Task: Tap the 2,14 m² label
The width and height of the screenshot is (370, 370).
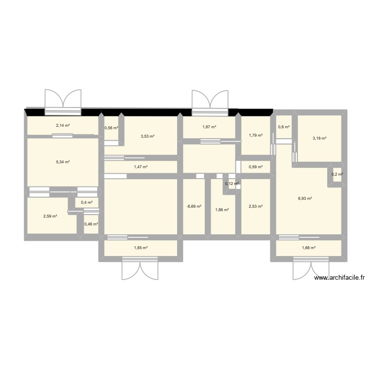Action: pyautogui.click(x=63, y=125)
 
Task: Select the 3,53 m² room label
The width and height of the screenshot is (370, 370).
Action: pyautogui.click(x=148, y=136)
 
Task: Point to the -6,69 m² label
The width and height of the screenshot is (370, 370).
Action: pyautogui.click(x=194, y=207)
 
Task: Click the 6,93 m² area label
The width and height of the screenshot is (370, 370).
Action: pyautogui.click(x=305, y=198)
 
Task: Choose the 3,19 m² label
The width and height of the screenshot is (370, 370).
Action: pyautogui.click(x=319, y=138)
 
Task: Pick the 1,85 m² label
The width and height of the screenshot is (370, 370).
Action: pyautogui.click(x=141, y=248)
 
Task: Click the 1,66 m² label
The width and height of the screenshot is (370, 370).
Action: pyautogui.click(x=308, y=248)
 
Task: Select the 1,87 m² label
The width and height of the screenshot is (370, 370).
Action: pyautogui.click(x=209, y=127)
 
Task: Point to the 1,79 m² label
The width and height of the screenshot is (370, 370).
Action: pyautogui.click(x=256, y=135)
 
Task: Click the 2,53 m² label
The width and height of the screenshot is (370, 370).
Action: pyautogui.click(x=256, y=207)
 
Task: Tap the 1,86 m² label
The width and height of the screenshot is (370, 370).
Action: pyautogui.click(x=222, y=210)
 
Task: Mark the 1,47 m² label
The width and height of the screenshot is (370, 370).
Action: pyautogui.click(x=141, y=167)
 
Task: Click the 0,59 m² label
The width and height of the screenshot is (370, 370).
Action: pyautogui.click(x=256, y=167)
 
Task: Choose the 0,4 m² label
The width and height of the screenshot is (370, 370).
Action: pyautogui.click(x=86, y=202)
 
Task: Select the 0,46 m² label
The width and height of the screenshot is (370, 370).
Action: pyautogui.click(x=91, y=224)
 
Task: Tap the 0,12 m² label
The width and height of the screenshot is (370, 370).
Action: pyautogui.click(x=232, y=184)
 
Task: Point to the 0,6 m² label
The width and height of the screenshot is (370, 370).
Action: pyautogui.click(x=284, y=127)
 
